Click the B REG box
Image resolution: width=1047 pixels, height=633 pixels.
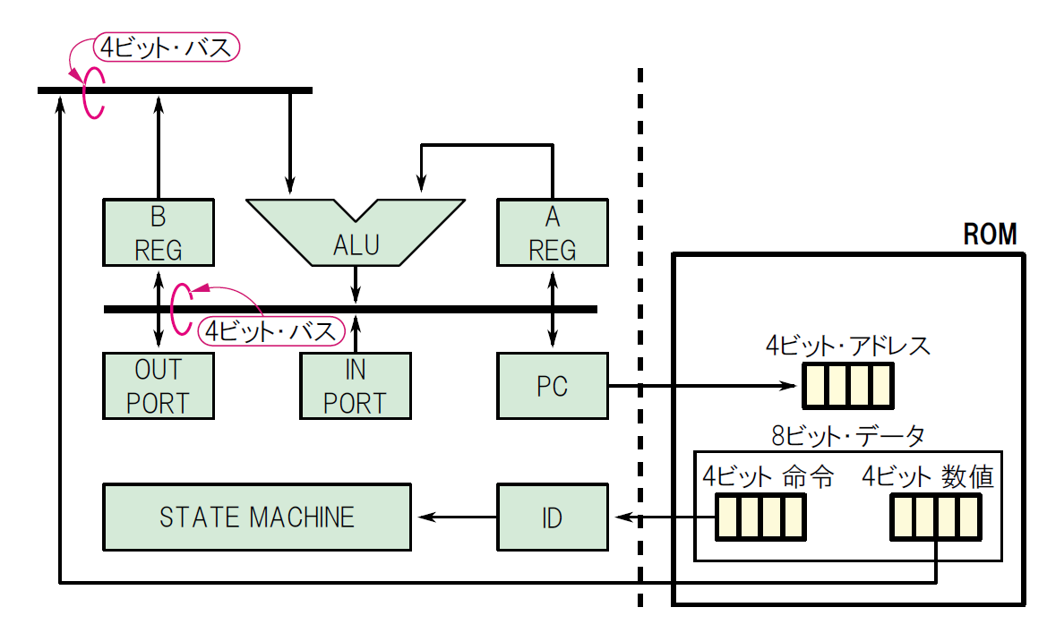point(159,232)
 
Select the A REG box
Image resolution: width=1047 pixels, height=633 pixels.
point(552,232)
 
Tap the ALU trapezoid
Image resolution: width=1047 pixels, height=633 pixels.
point(356,235)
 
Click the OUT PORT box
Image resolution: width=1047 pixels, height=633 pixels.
point(159,386)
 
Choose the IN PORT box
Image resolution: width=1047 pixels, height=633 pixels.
point(356,386)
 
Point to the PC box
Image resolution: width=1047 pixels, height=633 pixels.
point(552,386)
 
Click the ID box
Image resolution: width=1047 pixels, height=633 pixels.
point(552,517)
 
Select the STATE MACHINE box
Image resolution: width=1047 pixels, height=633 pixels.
point(257,517)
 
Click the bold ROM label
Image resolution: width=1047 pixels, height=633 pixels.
point(990,235)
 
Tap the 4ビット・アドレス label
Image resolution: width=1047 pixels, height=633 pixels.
point(847,346)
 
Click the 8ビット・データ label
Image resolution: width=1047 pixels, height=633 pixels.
point(847,436)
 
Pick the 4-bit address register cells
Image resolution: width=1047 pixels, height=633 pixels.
point(847,385)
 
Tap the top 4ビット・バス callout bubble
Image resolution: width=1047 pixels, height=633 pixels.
point(167,47)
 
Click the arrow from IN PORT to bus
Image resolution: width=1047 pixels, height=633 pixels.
point(356,332)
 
